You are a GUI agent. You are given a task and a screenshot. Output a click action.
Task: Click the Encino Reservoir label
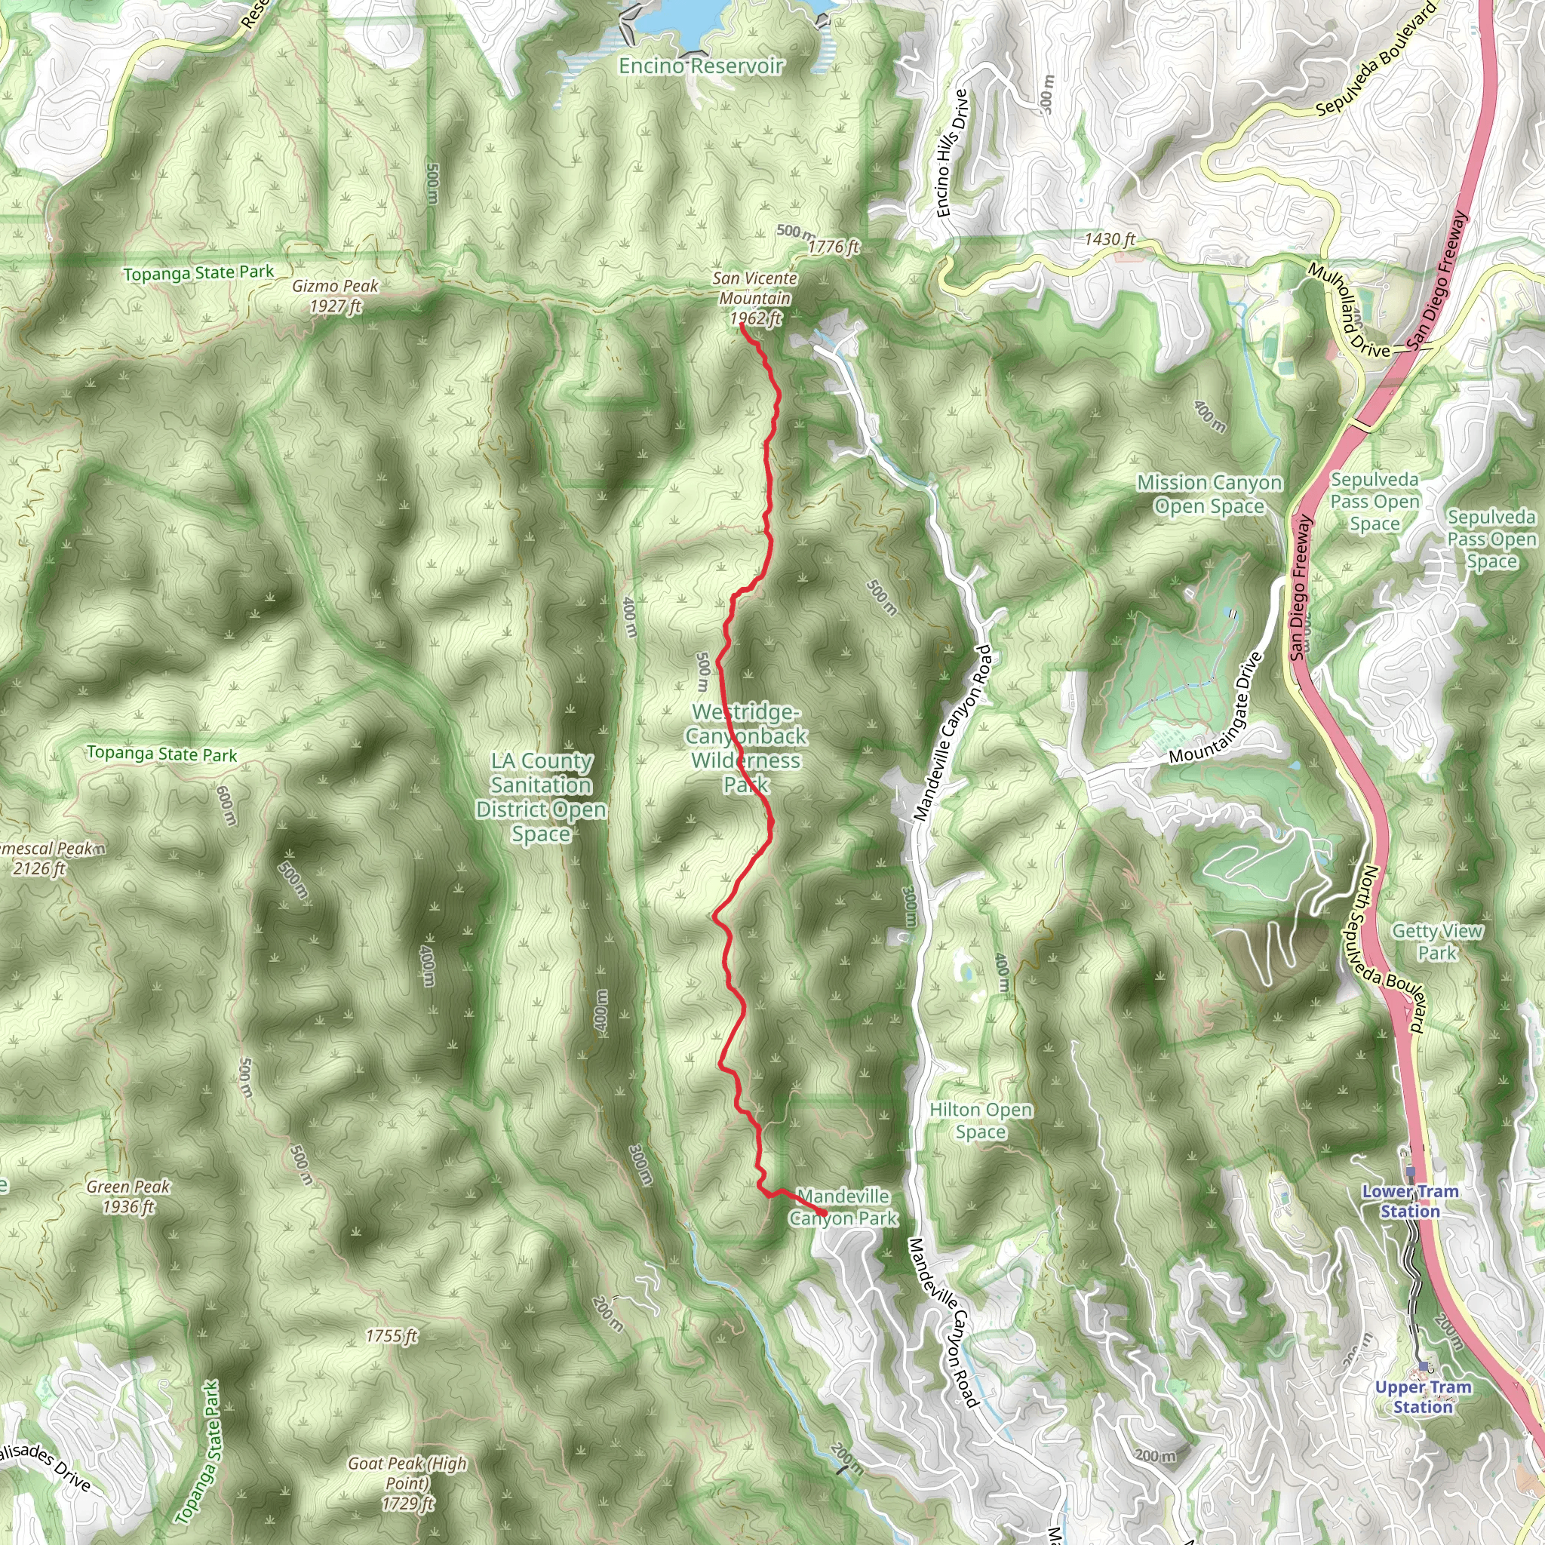pyautogui.click(x=701, y=66)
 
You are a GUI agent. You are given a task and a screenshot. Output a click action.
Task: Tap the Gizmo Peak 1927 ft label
pyautogui.click(x=335, y=296)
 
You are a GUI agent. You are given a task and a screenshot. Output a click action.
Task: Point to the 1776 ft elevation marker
pyautogui.click(x=833, y=247)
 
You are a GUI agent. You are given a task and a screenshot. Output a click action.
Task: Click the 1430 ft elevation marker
pyautogui.click(x=1109, y=239)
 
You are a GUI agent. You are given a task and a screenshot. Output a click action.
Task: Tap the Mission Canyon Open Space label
pyautogui.click(x=1209, y=494)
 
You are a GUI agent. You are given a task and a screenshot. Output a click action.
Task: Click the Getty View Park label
pyautogui.click(x=1437, y=942)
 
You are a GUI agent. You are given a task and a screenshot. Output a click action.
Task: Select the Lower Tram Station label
pyautogui.click(x=1410, y=1201)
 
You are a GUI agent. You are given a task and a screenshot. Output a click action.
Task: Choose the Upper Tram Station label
pyautogui.click(x=1423, y=1397)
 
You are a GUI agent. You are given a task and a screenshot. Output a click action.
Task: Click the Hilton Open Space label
pyautogui.click(x=981, y=1120)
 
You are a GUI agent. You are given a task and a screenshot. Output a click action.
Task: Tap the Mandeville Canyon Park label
pyautogui.click(x=843, y=1207)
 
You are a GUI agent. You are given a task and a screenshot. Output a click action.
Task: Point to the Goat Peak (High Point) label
pyautogui.click(x=407, y=1483)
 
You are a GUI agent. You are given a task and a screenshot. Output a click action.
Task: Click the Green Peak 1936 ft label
pyautogui.click(x=128, y=1196)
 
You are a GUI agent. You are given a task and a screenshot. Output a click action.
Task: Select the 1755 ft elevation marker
pyautogui.click(x=391, y=1335)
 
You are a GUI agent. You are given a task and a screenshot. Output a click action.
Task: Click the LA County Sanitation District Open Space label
pyautogui.click(x=542, y=797)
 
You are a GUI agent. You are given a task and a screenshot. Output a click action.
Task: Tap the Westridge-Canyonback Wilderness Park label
pyautogui.click(x=745, y=748)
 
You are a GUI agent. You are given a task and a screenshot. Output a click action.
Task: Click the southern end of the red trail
pyautogui.click(x=825, y=1215)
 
